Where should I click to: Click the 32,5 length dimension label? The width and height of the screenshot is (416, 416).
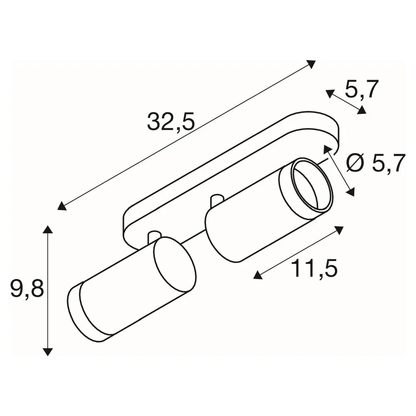171,121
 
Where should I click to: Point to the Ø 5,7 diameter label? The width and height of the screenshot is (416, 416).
376,163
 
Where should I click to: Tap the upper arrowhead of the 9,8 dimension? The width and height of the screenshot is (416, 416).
48,229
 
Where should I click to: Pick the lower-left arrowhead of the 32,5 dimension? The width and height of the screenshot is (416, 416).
62,206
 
